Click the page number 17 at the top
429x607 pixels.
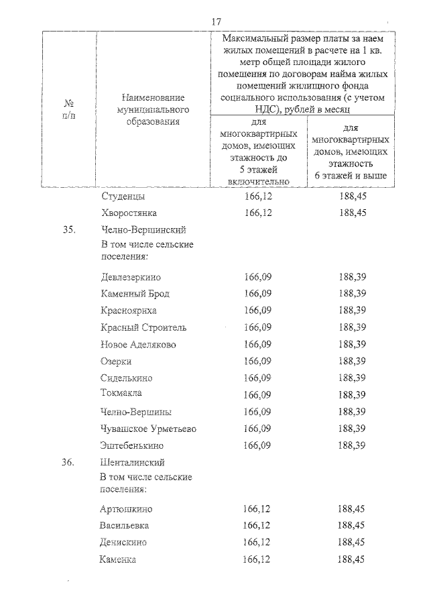point(216,21)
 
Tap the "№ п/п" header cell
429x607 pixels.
point(68,109)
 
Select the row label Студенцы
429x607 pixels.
point(123,197)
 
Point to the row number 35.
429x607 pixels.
point(68,229)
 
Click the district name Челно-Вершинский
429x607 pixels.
point(142,229)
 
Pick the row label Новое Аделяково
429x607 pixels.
point(137,344)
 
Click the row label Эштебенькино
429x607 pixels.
point(131,445)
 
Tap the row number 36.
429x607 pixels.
point(68,463)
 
